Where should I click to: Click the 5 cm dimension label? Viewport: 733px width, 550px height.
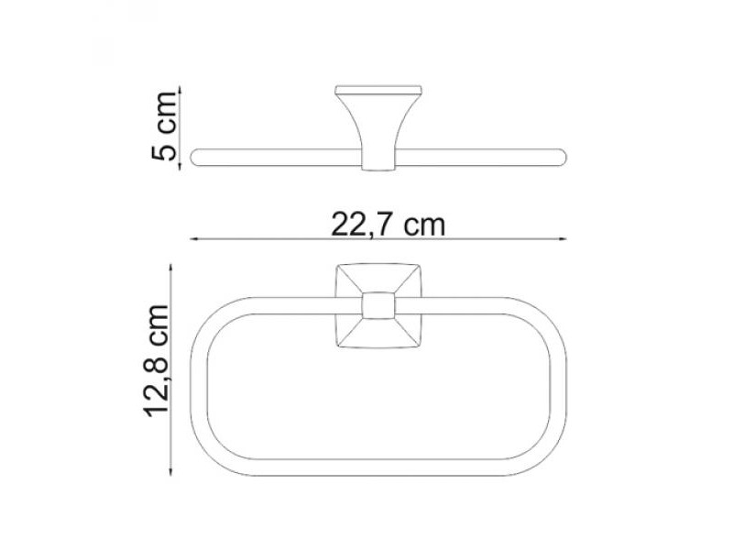pos(164,126)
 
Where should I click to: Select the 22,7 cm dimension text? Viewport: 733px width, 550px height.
pos(388,225)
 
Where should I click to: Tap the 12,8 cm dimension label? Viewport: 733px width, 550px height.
pos(156,360)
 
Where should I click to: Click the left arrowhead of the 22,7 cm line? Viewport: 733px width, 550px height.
pos(193,239)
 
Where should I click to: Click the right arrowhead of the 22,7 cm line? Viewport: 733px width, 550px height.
pos(563,239)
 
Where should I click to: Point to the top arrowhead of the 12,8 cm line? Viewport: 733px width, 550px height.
pos(171,268)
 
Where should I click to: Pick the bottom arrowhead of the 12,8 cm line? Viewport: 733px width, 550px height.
pos(171,471)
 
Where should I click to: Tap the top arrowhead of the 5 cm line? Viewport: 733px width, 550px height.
pos(180,90)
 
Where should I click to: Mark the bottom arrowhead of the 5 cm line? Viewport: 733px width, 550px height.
pos(180,165)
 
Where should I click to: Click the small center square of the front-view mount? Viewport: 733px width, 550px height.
pos(378,305)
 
